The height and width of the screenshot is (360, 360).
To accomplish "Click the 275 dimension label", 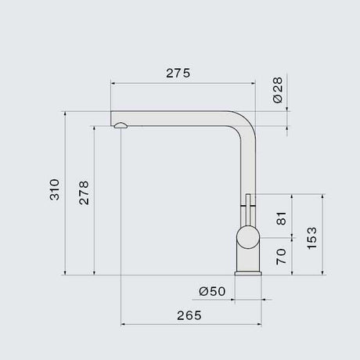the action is coord(178,73).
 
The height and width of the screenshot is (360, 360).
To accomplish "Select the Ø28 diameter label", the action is coord(278,90).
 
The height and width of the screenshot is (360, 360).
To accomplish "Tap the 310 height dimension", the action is coord(55,189).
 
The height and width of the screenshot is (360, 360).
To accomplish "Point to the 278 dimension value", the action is coord(84,193).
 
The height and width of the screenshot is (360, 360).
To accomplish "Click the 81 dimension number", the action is coord(281,218).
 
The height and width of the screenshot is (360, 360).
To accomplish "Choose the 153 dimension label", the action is coord(311,238).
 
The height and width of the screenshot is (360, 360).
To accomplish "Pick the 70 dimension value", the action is coord(281,257).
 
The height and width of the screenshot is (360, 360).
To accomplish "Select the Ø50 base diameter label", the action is coord(212,291).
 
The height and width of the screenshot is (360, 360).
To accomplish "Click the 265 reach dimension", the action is coord(189,315).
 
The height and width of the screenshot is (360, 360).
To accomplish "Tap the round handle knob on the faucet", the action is coord(248,237).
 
